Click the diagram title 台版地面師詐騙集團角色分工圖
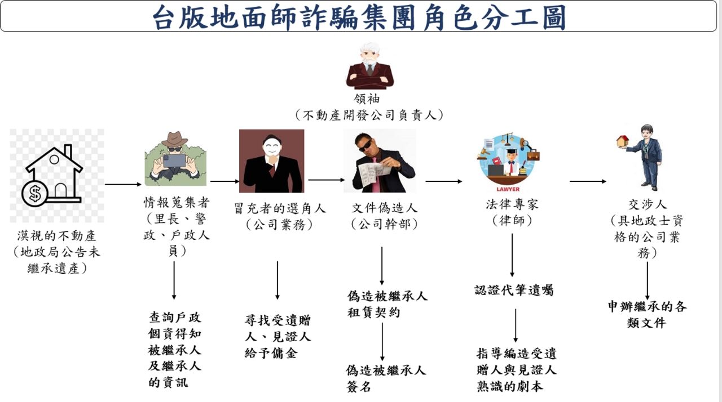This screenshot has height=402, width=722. (360, 17)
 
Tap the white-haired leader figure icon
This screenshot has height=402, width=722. (369, 66)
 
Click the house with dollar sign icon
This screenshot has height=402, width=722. (54, 175)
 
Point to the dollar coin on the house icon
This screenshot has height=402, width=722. (35, 194)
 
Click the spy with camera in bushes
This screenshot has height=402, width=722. (175, 159)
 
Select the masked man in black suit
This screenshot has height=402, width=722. (271, 161)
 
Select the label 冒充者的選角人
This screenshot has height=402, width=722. (280, 208)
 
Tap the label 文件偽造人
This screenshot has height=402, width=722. (385, 208)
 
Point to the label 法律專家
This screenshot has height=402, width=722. (512, 204)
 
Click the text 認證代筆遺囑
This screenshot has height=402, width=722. (513, 291)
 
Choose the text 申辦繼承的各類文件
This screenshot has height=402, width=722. (646, 315)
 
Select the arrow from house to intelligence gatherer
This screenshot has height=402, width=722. (123, 184)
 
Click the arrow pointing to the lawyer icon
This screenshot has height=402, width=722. (443, 181)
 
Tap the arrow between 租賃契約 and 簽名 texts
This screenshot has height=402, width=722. (382, 341)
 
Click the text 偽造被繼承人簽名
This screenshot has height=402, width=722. (386, 378)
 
